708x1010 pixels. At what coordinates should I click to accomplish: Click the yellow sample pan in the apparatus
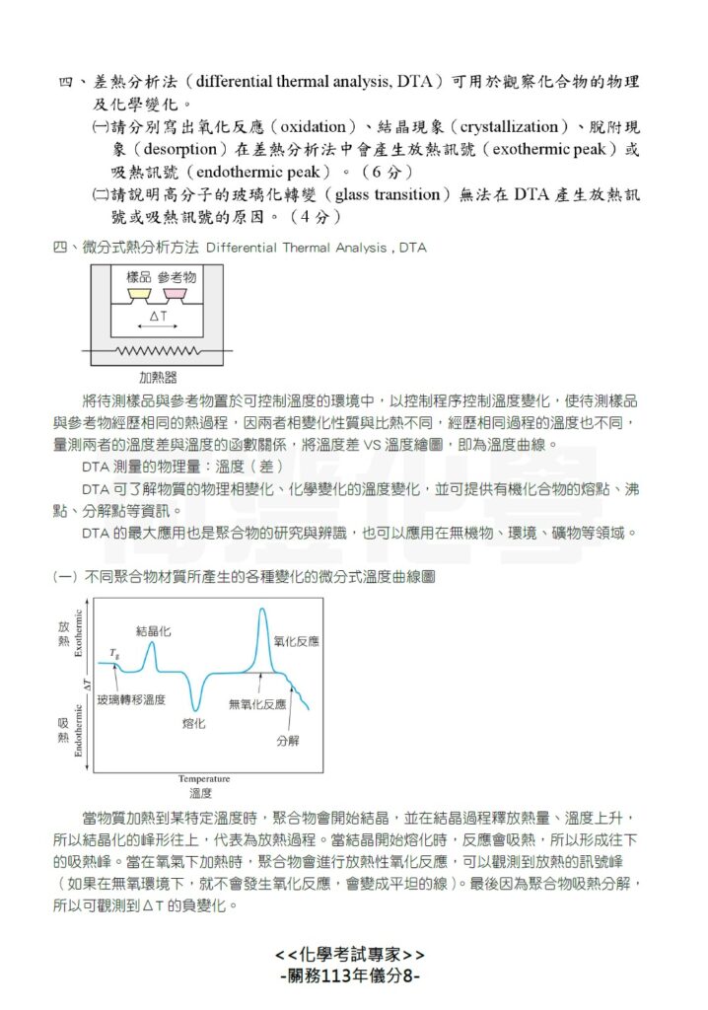[x=138, y=294]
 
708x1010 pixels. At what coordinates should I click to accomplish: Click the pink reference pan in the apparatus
[x=176, y=294]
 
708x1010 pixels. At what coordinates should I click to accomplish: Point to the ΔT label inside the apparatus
[x=158, y=317]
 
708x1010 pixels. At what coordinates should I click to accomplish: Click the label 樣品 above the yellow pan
[x=139, y=277]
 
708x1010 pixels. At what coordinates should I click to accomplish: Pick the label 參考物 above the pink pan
[x=177, y=277]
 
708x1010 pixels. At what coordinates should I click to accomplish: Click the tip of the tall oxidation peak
[x=262, y=611]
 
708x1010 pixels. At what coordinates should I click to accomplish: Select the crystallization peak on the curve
[x=150, y=645]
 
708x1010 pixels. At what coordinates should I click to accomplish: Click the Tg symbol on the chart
[x=115, y=654]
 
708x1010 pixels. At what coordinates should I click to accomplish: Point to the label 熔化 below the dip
[x=194, y=724]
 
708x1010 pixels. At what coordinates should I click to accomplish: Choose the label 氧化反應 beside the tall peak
[x=296, y=641]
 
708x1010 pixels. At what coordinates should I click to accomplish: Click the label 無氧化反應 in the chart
[x=256, y=703]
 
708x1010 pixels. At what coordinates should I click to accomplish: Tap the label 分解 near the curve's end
[x=287, y=739]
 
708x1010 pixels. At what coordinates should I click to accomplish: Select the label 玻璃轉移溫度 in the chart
[x=130, y=699]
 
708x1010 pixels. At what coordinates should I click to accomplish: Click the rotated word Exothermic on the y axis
[x=79, y=634]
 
